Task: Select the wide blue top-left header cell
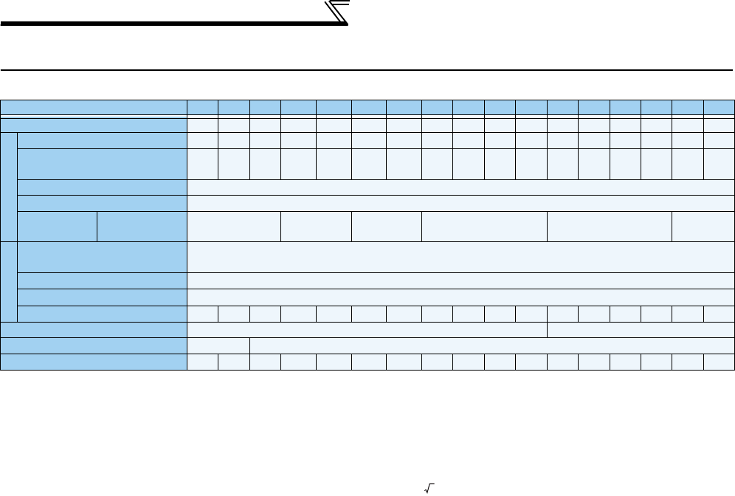point(94,107)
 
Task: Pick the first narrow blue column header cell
point(202,107)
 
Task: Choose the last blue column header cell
point(719,107)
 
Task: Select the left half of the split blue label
point(56,226)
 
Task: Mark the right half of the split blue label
point(142,226)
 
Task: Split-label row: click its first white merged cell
point(234,226)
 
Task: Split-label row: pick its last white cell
point(703,226)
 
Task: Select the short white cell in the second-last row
point(218,345)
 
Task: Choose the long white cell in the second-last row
point(491,345)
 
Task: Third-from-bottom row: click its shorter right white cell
point(641,329)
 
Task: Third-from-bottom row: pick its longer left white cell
point(367,329)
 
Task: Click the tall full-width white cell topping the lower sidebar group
point(460,257)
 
